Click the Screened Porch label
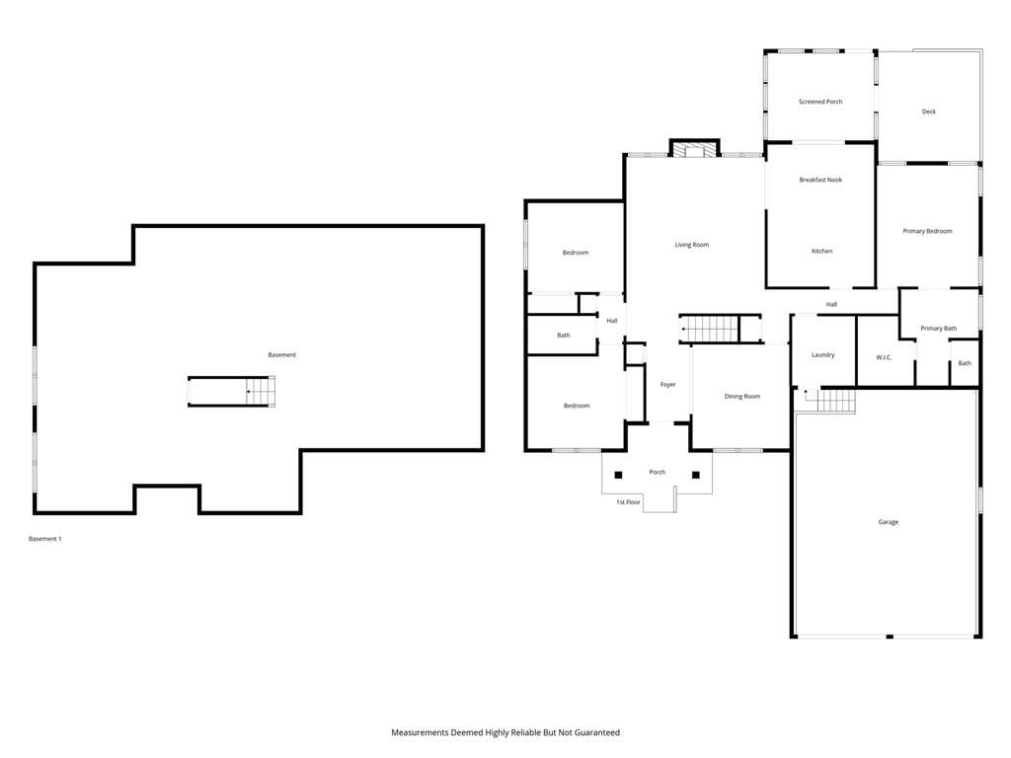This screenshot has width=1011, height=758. point(820,102)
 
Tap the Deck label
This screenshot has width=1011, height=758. point(928,112)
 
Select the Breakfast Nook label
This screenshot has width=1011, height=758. point(820,180)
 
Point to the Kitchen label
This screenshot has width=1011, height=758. point(822,252)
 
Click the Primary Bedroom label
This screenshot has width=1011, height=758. point(927,231)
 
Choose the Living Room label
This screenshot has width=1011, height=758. point(692,245)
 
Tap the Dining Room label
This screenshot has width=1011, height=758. point(742,397)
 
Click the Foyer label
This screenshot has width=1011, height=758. point(668,385)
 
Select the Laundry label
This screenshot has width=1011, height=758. point(822,355)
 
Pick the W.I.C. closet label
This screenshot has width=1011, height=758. point(884,357)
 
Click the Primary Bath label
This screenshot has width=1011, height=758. point(939,329)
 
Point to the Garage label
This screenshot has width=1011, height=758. point(888,522)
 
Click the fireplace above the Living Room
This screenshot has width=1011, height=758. point(694,149)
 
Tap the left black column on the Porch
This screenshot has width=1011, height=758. point(618,475)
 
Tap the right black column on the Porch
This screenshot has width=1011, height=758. point(696,475)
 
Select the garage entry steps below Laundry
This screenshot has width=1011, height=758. point(836,401)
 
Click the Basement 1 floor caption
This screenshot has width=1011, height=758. point(45,539)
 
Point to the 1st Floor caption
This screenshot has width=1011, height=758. point(628,502)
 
